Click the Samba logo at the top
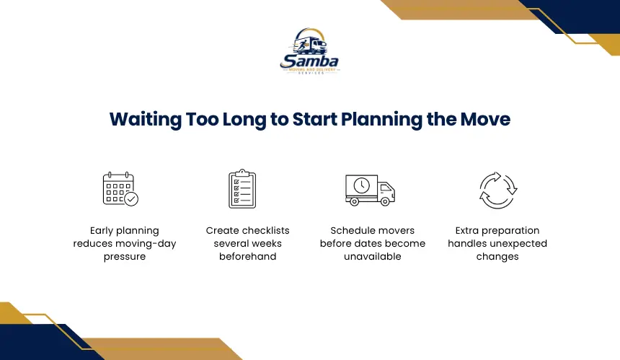tap(309, 51)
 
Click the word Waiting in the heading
tap(145, 120)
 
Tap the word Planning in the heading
tap(381, 120)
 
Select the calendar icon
tap(120, 189)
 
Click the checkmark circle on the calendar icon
tap(131, 198)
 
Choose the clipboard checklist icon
tap(242, 189)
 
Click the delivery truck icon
tap(370, 190)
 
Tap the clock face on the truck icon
tap(362, 185)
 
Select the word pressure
tap(125, 257)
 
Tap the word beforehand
tap(247, 256)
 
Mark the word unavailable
tap(373, 256)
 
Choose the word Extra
tap(466, 231)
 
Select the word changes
tap(497, 257)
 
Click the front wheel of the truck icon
tap(385, 202)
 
